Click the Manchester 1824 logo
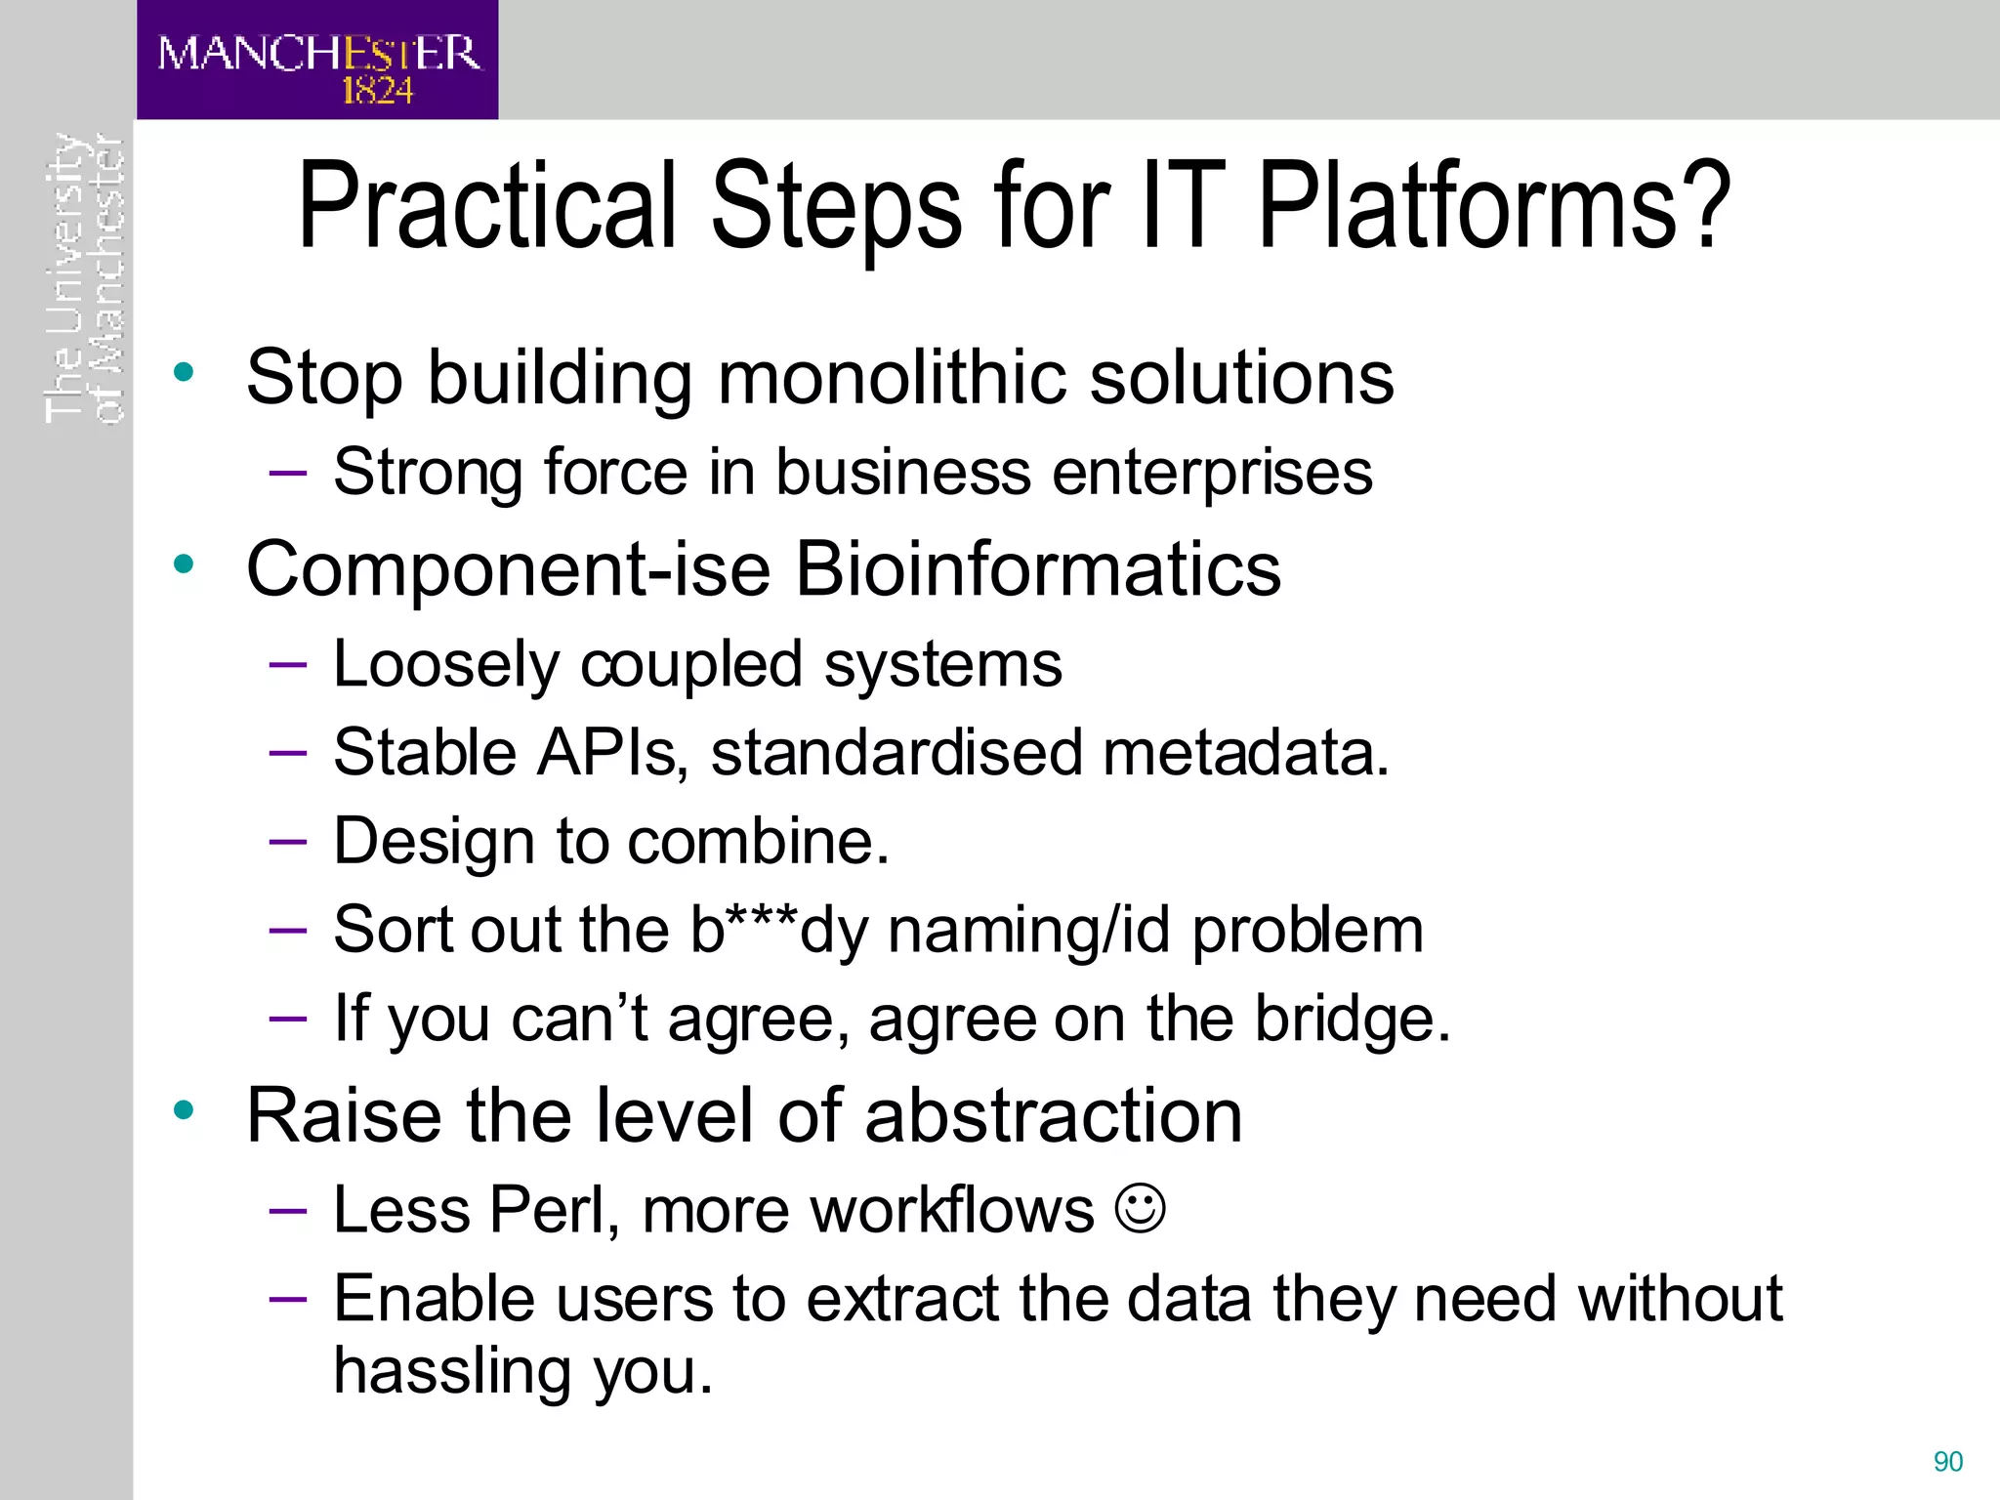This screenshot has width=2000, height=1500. [x=317, y=61]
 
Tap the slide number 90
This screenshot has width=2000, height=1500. [x=1947, y=1462]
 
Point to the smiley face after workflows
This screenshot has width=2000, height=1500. [x=1140, y=1209]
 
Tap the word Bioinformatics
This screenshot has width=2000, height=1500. [x=1037, y=569]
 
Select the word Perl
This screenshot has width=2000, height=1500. [x=554, y=1210]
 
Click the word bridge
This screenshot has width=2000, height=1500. [x=1351, y=1019]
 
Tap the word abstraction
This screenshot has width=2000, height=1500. [x=1053, y=1115]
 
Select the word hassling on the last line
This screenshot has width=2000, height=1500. [x=452, y=1372]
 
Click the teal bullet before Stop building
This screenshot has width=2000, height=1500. [x=184, y=372]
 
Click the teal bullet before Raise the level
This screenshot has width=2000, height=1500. [x=184, y=1110]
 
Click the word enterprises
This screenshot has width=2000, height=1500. [x=1212, y=473]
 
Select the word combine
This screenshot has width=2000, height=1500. [x=758, y=842]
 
